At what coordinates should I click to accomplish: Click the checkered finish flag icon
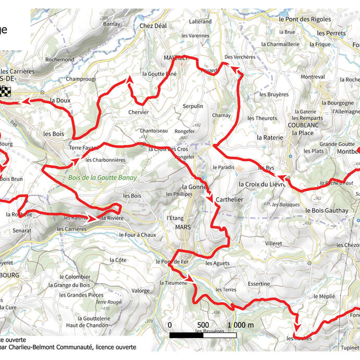(5, 91)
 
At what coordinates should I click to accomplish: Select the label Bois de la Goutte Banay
(102, 177)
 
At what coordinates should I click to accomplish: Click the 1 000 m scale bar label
(241, 325)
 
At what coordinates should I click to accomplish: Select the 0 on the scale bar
(170, 325)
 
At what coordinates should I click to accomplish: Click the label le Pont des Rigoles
(305, 19)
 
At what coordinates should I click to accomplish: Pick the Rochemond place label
(60, 60)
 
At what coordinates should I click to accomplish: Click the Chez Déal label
(153, 26)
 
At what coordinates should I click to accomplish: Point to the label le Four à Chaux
(138, 235)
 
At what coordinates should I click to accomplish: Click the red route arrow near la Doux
(25, 102)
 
